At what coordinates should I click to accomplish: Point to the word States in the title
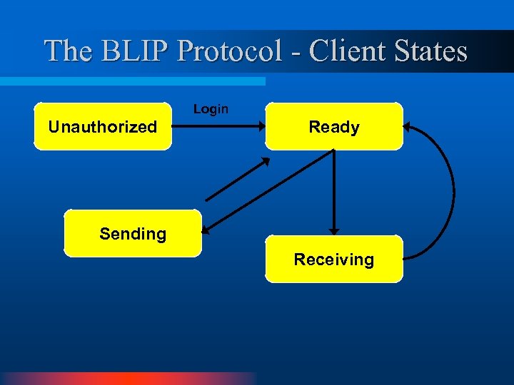[x=428, y=51]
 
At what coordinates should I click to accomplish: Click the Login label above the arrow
[x=211, y=109]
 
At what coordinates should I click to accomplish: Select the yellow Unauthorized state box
[x=103, y=127]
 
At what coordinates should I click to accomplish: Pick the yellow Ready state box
[x=333, y=127]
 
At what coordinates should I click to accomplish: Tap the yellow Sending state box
[x=133, y=233]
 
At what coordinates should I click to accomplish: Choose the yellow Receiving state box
[x=333, y=259]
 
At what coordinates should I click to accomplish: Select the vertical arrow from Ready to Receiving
[x=334, y=189]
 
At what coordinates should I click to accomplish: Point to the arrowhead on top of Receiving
[x=334, y=231]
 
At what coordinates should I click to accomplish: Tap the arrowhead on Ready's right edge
[x=407, y=128]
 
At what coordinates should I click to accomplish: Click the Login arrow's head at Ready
[x=261, y=128]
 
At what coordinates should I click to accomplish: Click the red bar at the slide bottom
[x=128, y=378]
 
